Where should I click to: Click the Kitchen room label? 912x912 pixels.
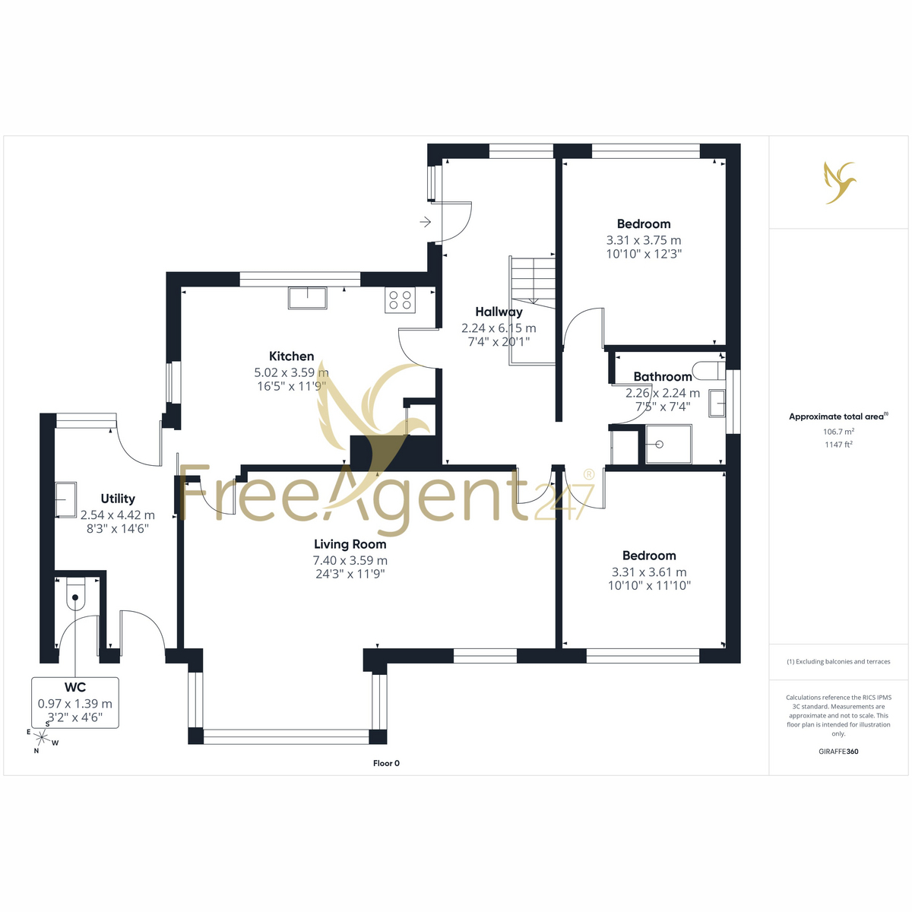point(291,356)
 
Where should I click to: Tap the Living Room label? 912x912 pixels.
point(350,544)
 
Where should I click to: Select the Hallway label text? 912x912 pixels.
point(499,312)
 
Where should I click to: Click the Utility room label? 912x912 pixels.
point(118,499)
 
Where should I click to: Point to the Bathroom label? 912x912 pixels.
point(663,377)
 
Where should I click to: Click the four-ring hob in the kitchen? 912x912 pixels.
point(400,299)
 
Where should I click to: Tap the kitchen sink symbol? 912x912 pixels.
point(308,298)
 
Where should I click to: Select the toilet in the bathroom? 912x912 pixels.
point(708,370)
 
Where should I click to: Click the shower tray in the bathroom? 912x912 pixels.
point(668,444)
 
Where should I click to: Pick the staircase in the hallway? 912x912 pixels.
point(532,311)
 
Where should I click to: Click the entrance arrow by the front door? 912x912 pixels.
point(425,221)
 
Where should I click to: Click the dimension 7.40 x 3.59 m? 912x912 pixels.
point(350,560)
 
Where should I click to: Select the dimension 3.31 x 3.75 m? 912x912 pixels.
point(644,240)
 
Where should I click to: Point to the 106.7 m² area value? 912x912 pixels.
point(838,432)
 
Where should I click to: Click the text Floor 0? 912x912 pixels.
point(386,763)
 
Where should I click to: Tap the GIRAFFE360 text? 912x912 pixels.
point(838,751)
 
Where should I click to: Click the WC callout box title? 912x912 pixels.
point(75,687)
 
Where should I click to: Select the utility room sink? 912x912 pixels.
point(66,500)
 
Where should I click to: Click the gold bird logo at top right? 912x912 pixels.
point(839,182)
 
